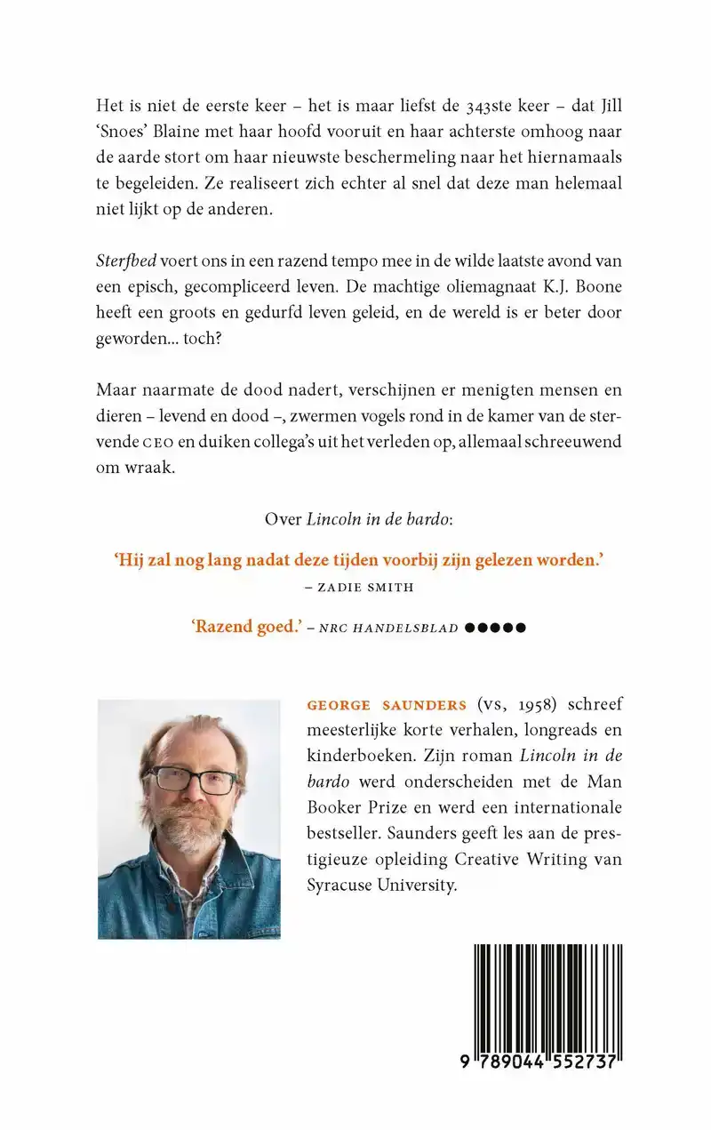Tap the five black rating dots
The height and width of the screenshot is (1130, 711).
[496, 628]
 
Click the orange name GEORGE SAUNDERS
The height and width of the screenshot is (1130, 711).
[386, 706]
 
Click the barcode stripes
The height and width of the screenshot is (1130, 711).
[547, 1000]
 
